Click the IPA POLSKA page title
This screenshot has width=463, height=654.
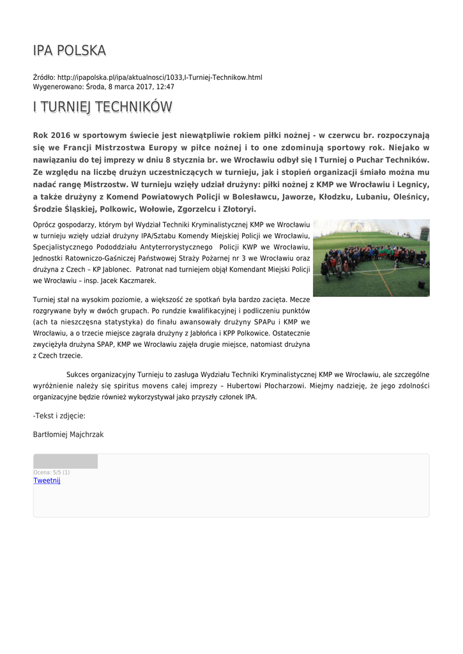click(x=70, y=50)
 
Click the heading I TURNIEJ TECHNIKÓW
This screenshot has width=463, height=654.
click(x=102, y=107)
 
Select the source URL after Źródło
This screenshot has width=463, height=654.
click(x=160, y=77)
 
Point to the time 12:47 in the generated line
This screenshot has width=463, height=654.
click(x=165, y=86)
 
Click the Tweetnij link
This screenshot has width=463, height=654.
click(x=47, y=480)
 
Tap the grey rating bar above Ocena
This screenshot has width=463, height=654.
click(x=65, y=461)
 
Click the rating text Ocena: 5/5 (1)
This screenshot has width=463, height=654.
click(x=52, y=472)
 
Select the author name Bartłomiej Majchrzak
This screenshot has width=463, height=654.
click(x=68, y=434)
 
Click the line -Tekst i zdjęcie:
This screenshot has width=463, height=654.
click(x=59, y=416)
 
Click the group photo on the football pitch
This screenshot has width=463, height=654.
click(x=371, y=258)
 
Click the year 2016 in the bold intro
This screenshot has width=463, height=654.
click(x=60, y=135)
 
